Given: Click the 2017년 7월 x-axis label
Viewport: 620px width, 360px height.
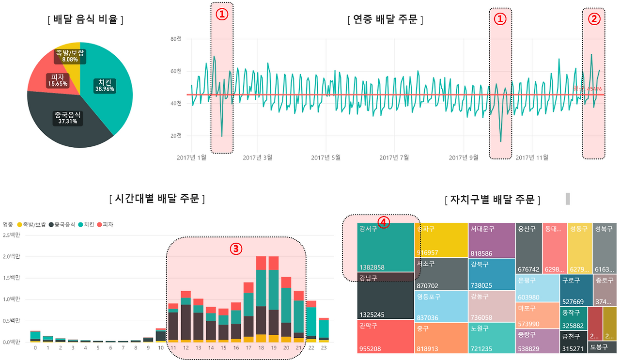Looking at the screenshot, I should (393, 157).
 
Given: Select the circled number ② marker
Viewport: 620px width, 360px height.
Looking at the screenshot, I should (594, 19).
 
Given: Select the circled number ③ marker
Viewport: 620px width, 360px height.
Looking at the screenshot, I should (235, 249).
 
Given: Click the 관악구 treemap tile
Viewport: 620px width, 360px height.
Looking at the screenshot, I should (385, 337).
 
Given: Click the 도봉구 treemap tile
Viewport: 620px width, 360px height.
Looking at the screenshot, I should (602, 347).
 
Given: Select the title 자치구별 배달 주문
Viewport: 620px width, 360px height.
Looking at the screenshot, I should (492, 200).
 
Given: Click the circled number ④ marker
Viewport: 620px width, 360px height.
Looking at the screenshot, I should (383, 222).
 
